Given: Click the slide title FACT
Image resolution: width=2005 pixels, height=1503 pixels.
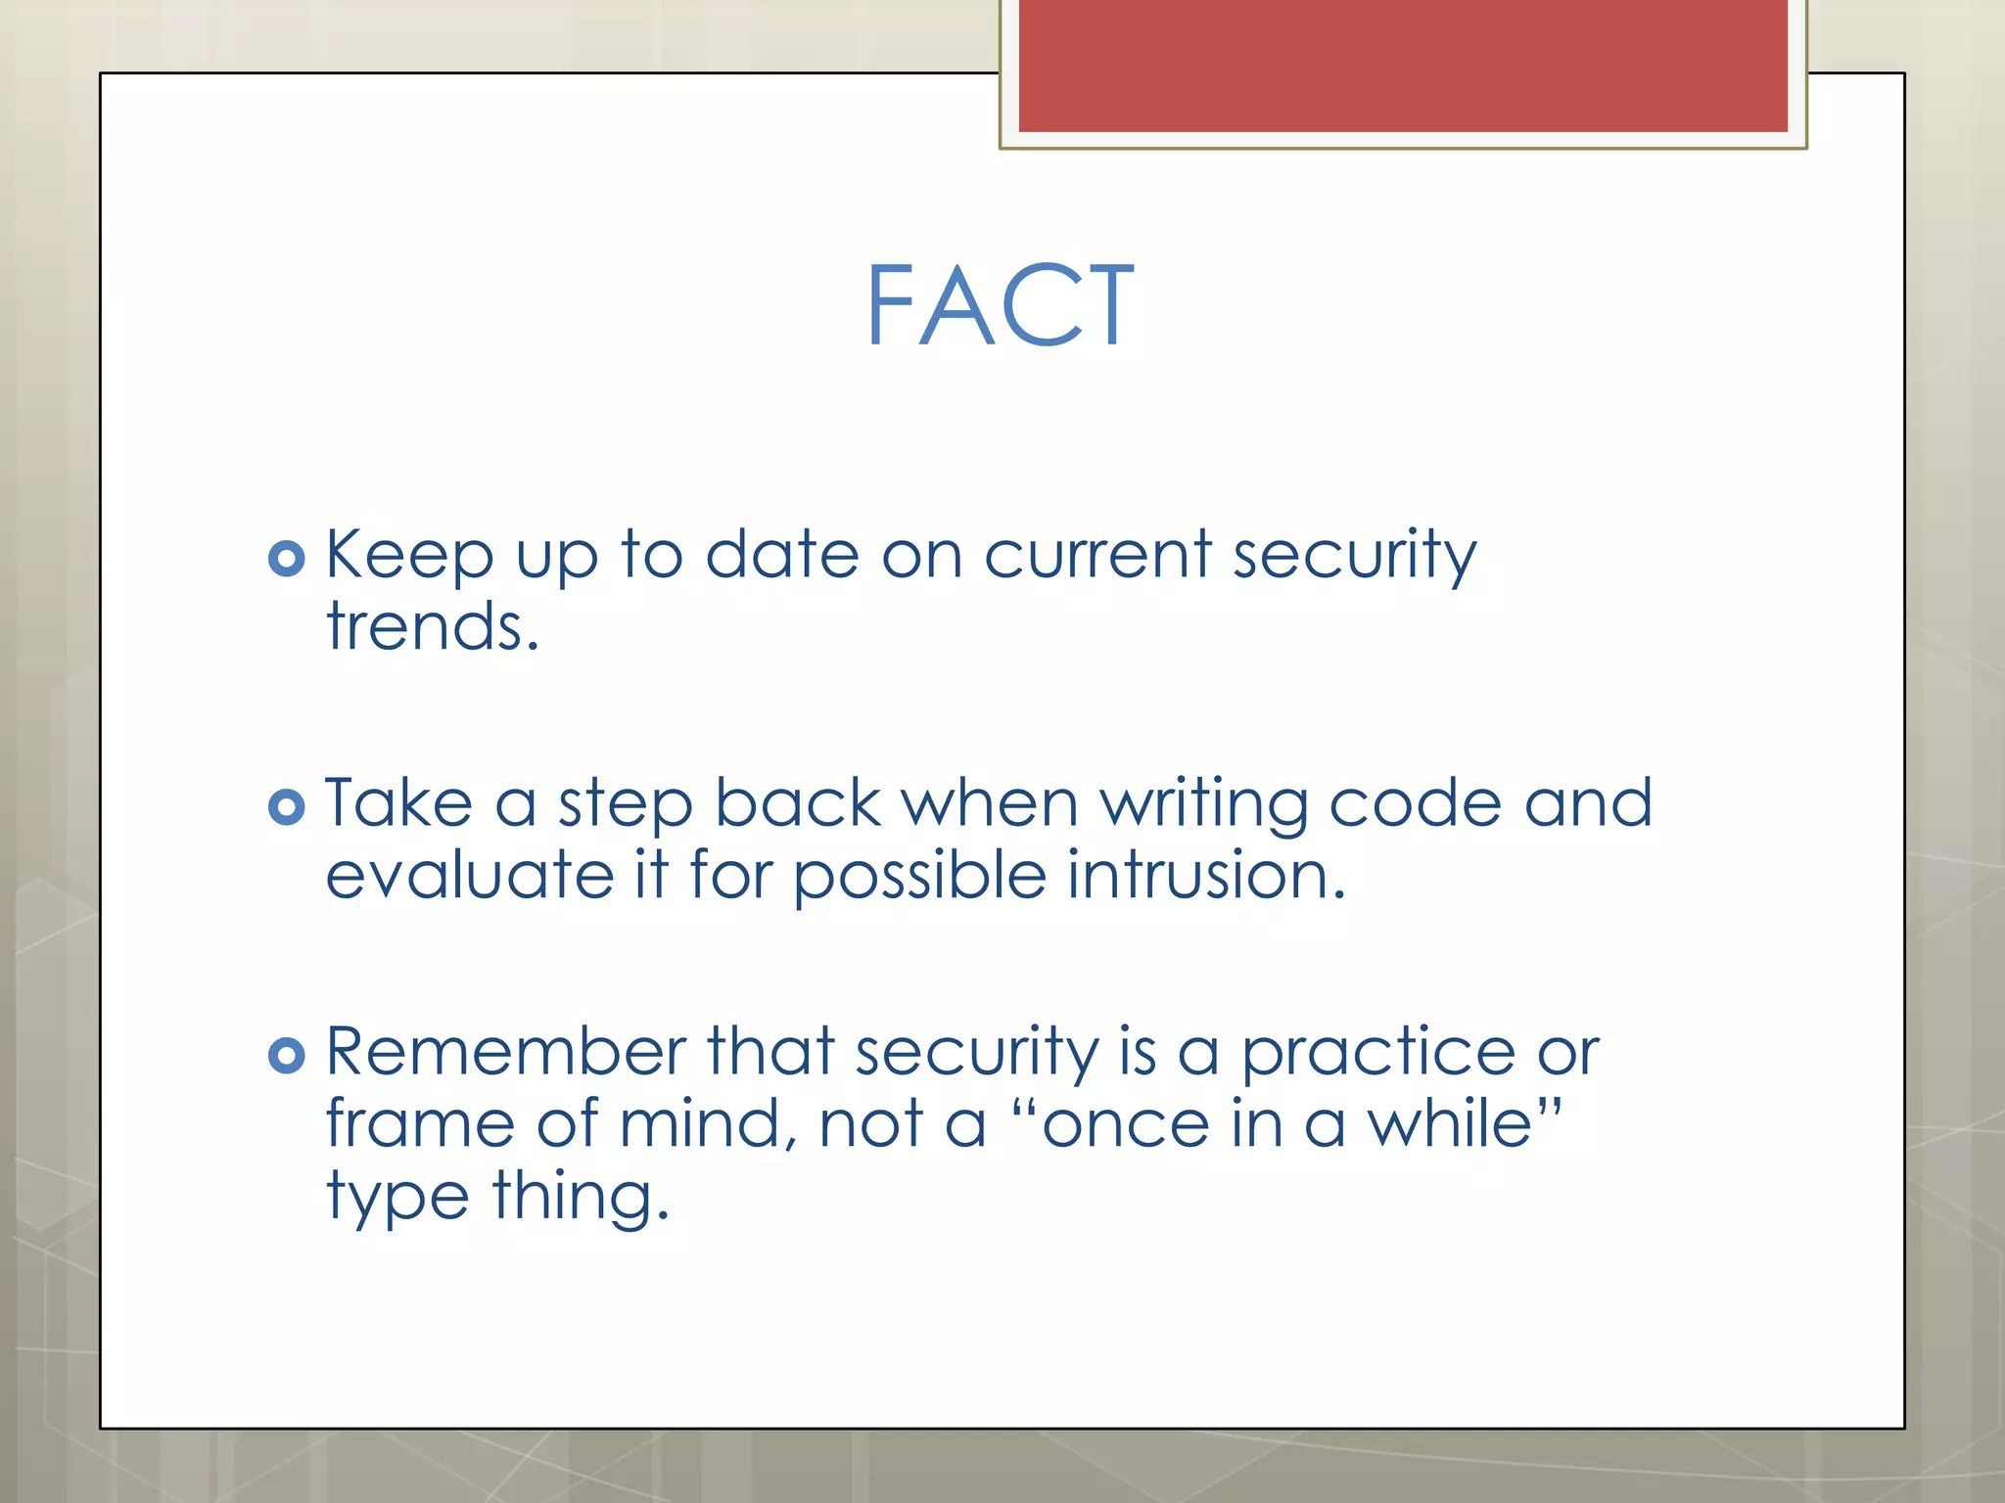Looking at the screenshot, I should point(1000,306).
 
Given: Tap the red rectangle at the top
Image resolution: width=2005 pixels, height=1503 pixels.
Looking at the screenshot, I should point(1402,65).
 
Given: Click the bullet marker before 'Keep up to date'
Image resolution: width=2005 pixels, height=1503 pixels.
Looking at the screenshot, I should point(286,559).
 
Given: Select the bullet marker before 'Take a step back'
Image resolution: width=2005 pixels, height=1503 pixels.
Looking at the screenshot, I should point(286,807).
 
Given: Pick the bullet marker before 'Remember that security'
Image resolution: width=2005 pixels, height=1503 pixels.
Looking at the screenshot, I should point(286,1055).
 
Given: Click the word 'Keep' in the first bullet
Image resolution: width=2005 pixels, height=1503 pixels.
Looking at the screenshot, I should point(409,555).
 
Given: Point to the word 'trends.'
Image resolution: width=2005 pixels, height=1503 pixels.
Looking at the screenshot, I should point(433,627).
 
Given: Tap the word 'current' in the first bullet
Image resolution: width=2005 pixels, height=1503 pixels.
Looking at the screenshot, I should point(1097,555).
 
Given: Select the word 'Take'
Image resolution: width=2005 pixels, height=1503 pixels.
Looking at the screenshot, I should point(398,803).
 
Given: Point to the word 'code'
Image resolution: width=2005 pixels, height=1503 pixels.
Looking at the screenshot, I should point(1415,803).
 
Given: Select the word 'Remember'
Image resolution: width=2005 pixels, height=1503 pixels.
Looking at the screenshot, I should point(505,1052).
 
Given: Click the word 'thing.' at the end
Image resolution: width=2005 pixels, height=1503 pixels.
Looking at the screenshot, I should point(581,1197).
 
